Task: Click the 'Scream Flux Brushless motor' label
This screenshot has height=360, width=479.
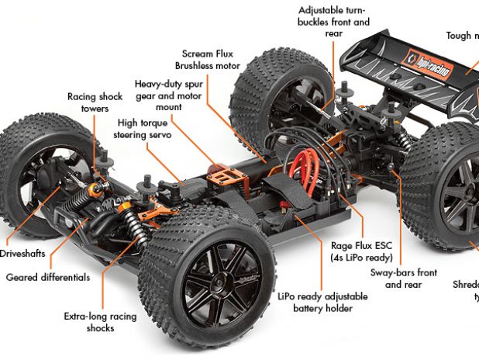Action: tap(208, 60)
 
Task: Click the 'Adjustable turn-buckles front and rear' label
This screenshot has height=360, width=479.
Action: tap(334, 22)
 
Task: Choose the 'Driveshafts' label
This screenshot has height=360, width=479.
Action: tap(22, 254)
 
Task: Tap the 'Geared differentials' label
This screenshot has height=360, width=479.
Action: tap(48, 277)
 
